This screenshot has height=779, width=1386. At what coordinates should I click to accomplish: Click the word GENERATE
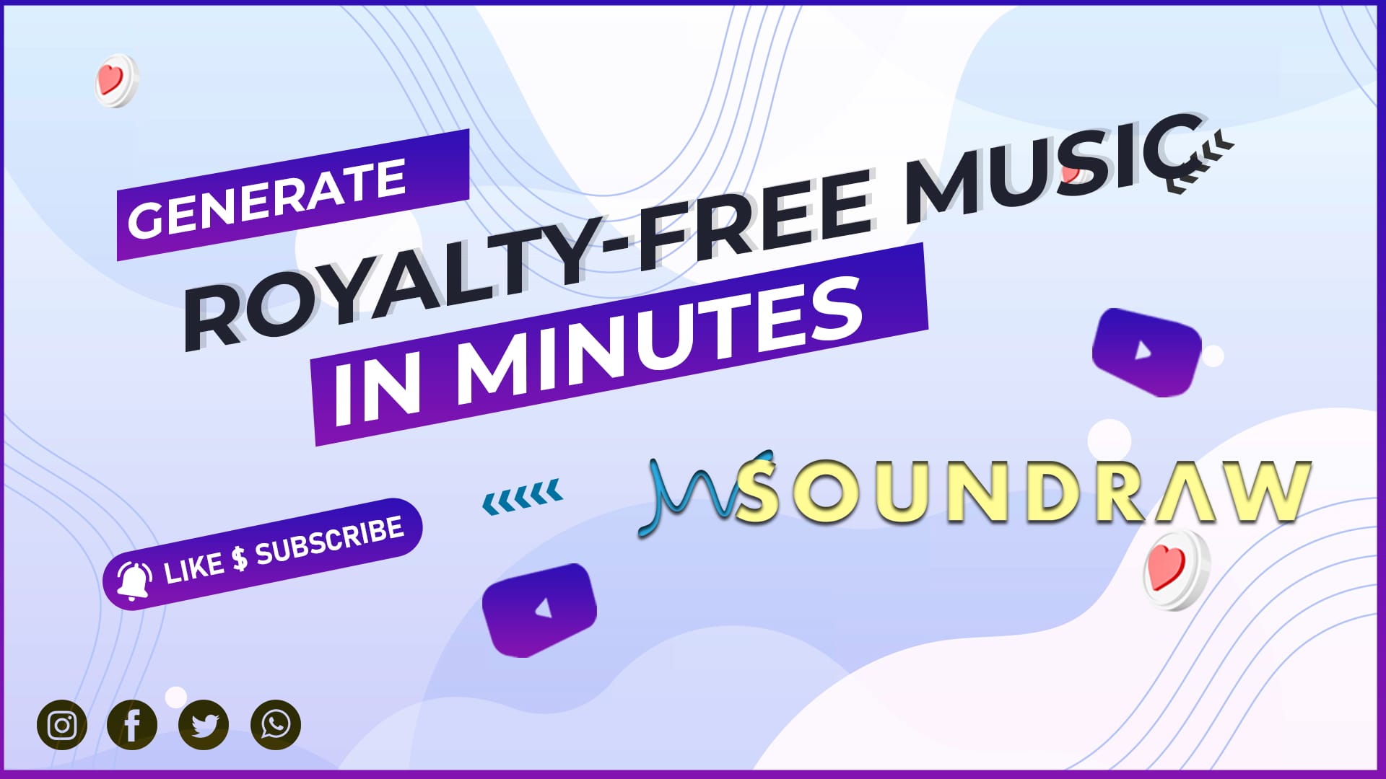266,199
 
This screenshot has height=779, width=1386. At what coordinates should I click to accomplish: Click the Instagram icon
62,725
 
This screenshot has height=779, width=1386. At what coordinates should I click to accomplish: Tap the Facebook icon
132,725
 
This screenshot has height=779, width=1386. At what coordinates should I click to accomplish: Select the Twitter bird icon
204,725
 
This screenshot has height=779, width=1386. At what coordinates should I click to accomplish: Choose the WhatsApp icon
275,725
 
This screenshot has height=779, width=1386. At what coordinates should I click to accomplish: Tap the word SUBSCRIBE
330,540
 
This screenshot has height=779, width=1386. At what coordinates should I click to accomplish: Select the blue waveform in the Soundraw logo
704,493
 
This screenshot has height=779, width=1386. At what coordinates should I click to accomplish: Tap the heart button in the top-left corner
115,80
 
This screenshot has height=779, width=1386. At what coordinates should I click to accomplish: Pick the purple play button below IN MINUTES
540,610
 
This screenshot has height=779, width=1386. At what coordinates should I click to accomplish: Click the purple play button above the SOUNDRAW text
1147,352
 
